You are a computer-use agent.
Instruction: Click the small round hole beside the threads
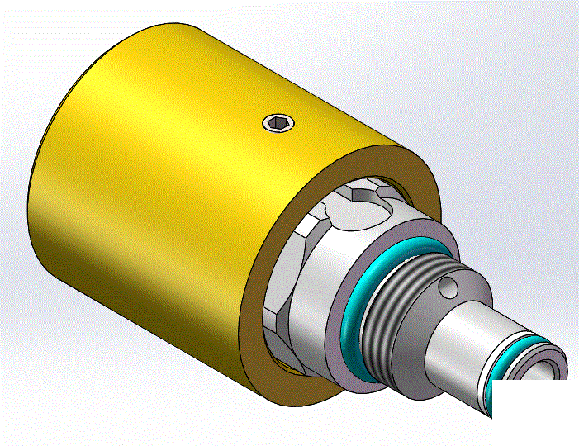[448, 287]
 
